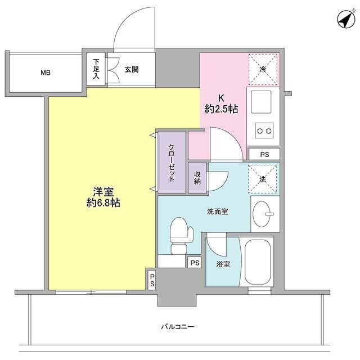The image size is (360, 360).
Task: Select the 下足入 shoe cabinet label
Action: [x=96, y=69]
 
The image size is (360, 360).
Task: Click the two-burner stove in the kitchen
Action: [x=263, y=132]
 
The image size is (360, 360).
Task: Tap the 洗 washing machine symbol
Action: [x=262, y=179]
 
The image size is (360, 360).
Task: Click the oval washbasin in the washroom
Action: [x=262, y=214]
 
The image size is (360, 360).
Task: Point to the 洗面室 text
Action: [x=217, y=211]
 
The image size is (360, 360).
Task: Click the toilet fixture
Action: [x=180, y=235]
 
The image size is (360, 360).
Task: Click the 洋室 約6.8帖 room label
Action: [x=103, y=197]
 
